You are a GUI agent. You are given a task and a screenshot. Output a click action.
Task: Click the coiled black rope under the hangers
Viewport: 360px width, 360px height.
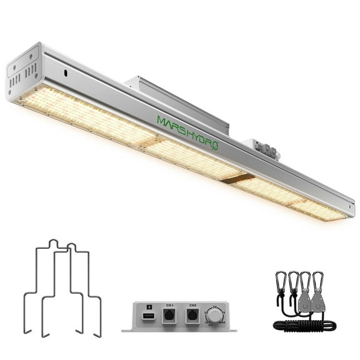coord(305,326)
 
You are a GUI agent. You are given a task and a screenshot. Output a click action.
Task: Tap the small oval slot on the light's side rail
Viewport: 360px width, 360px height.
coord(65,74)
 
